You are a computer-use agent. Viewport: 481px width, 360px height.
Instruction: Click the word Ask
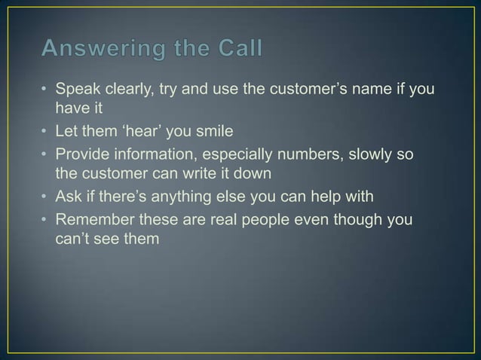[70, 197]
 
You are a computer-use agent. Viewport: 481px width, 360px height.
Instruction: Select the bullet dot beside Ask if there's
[45, 197]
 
